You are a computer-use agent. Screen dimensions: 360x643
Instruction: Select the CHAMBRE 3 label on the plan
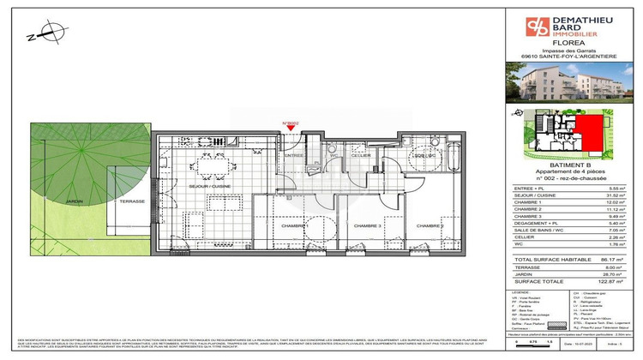click(x=368, y=225)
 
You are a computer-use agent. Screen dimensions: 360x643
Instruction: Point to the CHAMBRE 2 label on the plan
click(x=430, y=225)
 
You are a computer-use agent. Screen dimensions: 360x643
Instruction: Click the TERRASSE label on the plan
click(x=131, y=201)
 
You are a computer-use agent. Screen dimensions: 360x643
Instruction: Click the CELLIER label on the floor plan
click(x=360, y=155)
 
